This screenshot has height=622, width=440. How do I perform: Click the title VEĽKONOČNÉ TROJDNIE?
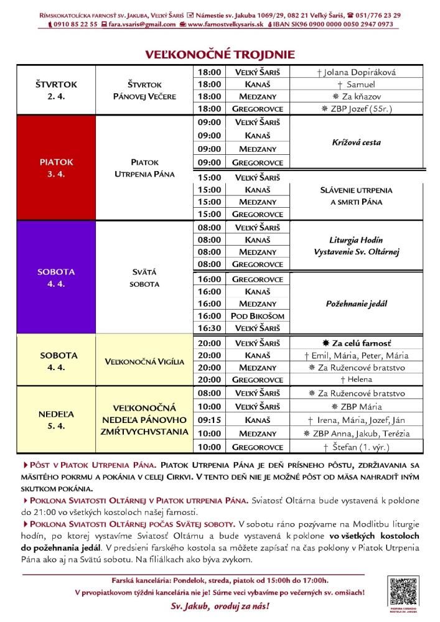pos(220,54)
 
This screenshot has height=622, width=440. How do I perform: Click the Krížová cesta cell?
pos(357,143)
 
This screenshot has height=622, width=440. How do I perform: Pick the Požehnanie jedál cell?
pos(357,304)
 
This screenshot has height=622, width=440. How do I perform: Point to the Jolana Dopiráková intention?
pos(357,72)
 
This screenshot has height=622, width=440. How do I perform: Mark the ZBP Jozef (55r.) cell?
pos(357,108)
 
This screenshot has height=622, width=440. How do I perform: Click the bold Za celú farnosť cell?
pos(357,343)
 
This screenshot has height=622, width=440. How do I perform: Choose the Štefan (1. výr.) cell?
pos(357,447)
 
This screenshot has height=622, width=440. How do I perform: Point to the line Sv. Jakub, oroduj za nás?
pos(220,605)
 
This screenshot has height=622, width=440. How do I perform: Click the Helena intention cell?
pos(357,379)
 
